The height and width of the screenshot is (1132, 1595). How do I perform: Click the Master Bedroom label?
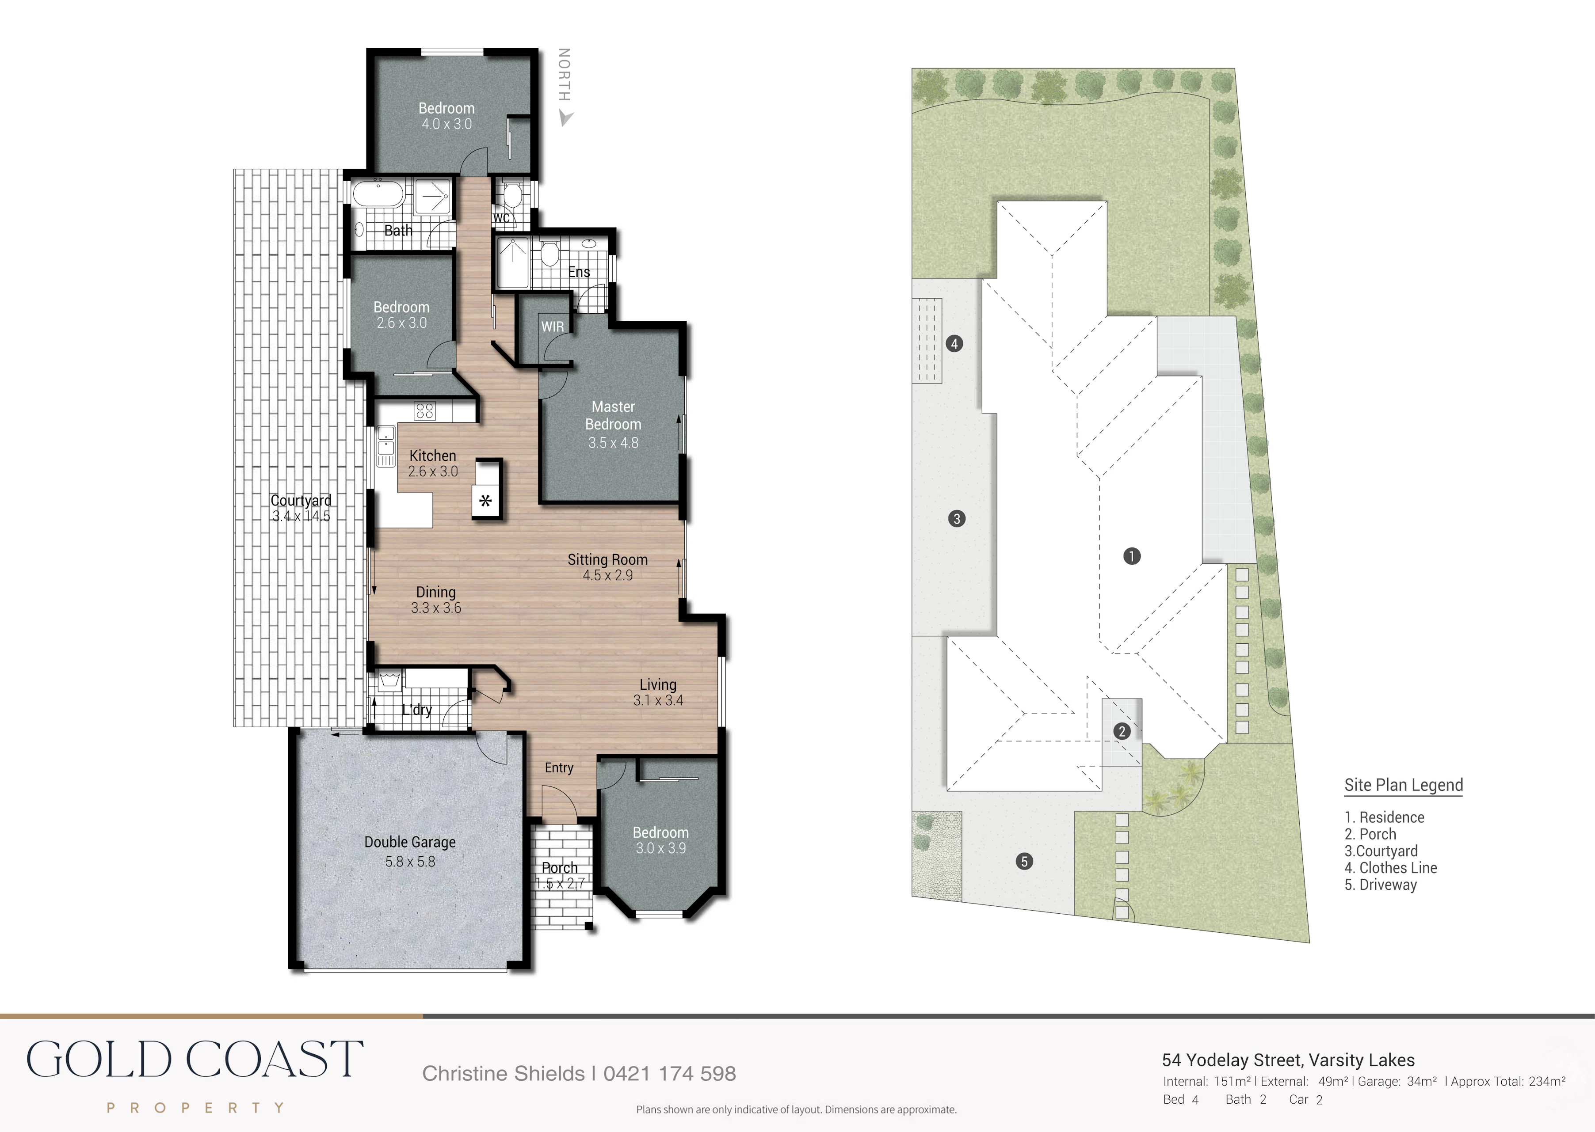click(x=613, y=415)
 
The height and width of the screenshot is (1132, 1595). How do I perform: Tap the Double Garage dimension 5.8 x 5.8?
click(x=410, y=862)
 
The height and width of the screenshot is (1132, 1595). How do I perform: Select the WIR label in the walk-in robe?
click(x=552, y=326)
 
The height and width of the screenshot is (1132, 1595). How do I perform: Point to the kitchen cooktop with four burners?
click(x=425, y=411)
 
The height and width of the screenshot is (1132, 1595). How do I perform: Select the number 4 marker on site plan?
click(x=954, y=343)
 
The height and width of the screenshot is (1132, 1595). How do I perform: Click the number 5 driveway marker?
click(x=1024, y=862)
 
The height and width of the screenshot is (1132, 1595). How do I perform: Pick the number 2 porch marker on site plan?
click(x=1122, y=731)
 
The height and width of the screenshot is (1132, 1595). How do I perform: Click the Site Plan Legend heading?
click(x=1403, y=785)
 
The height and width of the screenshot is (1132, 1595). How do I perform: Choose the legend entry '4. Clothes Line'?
click(x=1391, y=868)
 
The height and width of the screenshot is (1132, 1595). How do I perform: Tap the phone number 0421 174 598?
click(x=670, y=1073)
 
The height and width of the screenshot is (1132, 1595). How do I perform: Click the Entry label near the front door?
click(x=559, y=767)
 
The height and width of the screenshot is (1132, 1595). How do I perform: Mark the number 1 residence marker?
click(x=1132, y=555)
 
